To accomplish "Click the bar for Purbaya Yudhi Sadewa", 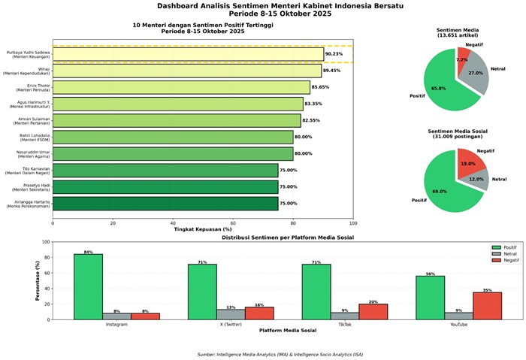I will tap(188, 54).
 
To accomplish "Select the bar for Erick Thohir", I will tap(181, 87).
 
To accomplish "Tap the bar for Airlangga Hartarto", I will tap(165, 203).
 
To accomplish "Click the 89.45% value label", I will tap(334, 71).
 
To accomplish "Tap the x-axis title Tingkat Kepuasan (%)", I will tap(203, 229).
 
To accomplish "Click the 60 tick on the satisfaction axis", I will tap(233, 222).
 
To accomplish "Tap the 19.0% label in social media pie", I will tap(467, 163).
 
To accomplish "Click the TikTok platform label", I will tap(345, 325).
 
